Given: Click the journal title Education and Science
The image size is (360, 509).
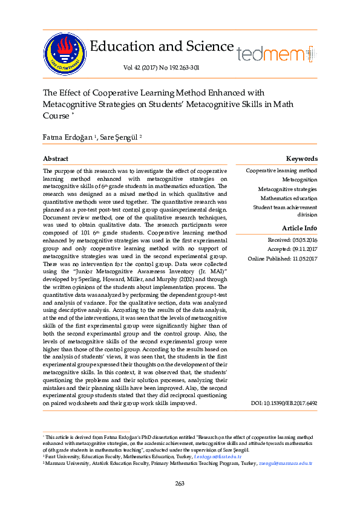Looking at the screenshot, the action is tap(162, 47).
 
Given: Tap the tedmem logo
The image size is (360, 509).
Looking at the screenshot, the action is tap(275, 54).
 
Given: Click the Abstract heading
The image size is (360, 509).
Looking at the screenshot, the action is tap(55, 158).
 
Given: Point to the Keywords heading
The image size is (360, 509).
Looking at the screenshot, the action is tap(301, 158).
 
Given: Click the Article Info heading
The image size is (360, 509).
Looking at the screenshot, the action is tap(299, 228).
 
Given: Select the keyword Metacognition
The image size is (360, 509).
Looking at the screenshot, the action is tap(299, 180).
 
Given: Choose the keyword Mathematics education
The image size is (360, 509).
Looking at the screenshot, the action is tap(289, 198).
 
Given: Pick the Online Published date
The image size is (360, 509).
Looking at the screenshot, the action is tap(283, 259).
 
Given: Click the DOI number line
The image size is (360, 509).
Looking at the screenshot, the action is tap(284, 403).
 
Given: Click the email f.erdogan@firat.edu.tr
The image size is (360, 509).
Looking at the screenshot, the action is tap(215, 456).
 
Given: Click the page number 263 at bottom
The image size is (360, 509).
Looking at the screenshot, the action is tap(180, 483).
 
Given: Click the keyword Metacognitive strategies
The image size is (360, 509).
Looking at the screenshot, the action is tap(287, 189).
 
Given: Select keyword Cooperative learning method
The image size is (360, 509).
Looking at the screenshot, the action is tap(281, 170).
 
